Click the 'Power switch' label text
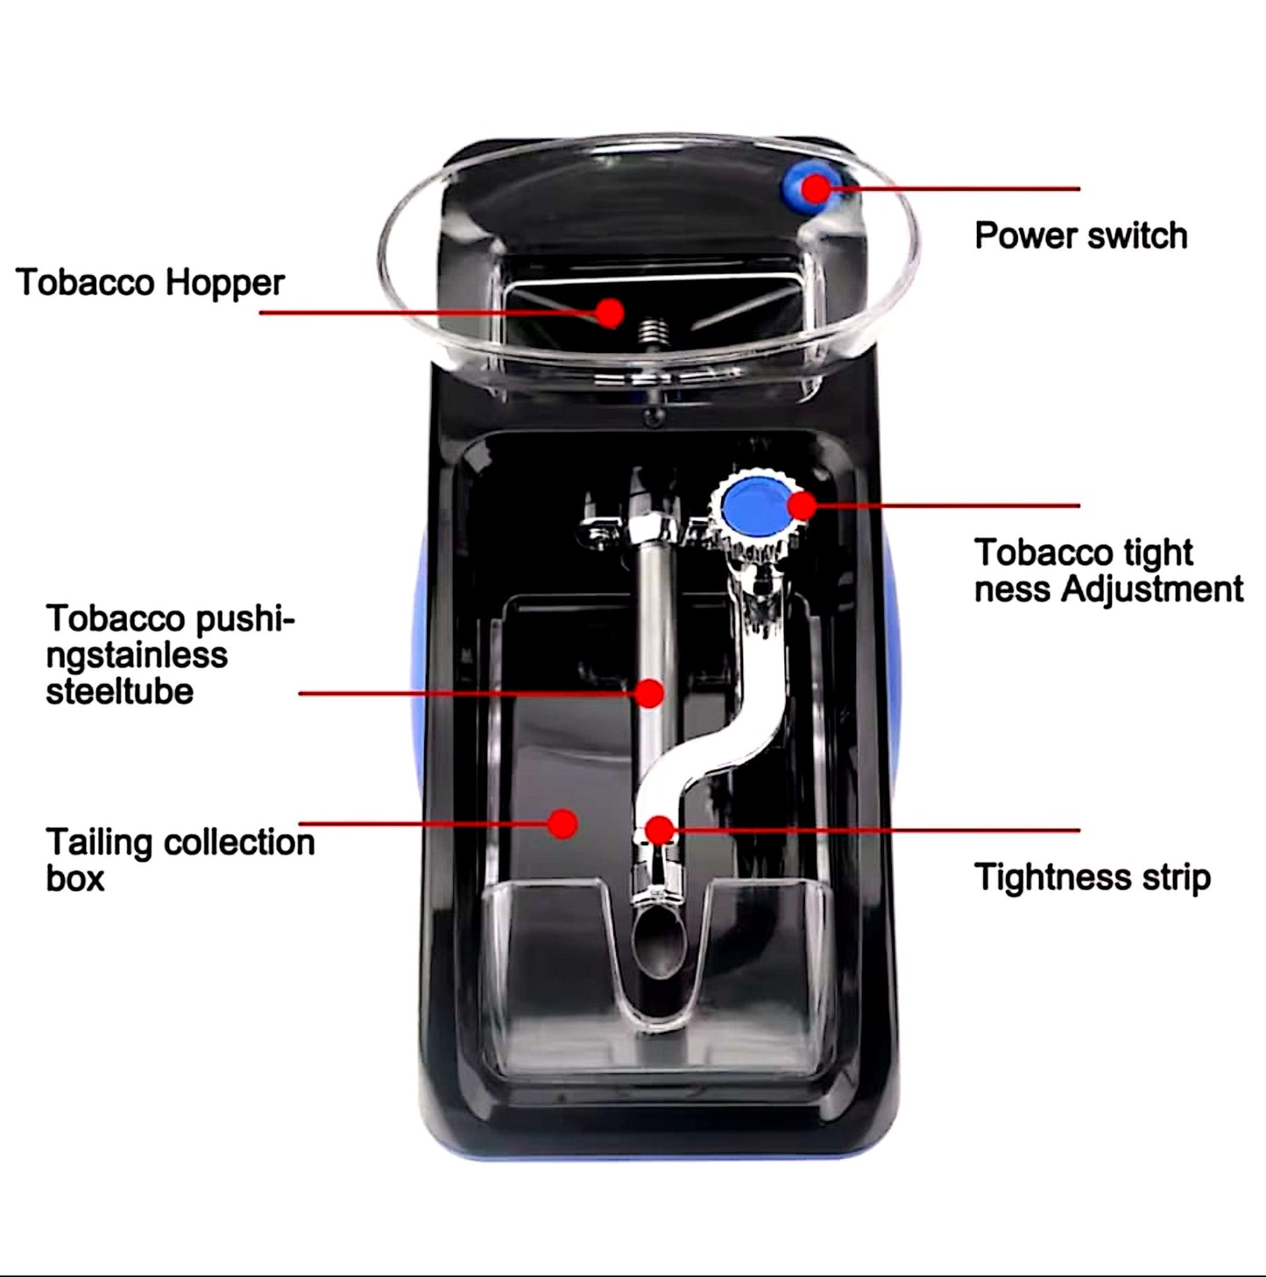click(1080, 236)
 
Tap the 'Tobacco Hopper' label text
click(150, 283)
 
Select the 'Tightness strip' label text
click(1092, 877)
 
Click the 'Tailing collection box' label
click(180, 859)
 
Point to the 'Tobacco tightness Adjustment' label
click(1107, 571)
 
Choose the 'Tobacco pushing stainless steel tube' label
click(170, 654)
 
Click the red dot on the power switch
click(816, 187)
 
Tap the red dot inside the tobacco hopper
click(610, 312)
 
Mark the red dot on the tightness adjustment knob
click(802, 505)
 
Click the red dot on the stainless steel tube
click(649, 693)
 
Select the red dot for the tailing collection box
click(562, 823)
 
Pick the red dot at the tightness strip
click(659, 829)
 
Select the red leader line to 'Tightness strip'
click(876, 829)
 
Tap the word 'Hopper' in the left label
click(226, 283)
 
